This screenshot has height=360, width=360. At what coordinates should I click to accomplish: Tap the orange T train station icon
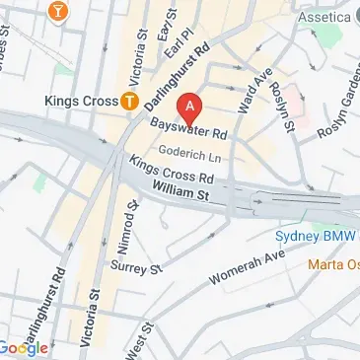[128, 100]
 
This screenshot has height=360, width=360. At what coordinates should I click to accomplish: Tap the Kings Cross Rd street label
[173, 174]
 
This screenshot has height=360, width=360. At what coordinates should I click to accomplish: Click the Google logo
[24, 347]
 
